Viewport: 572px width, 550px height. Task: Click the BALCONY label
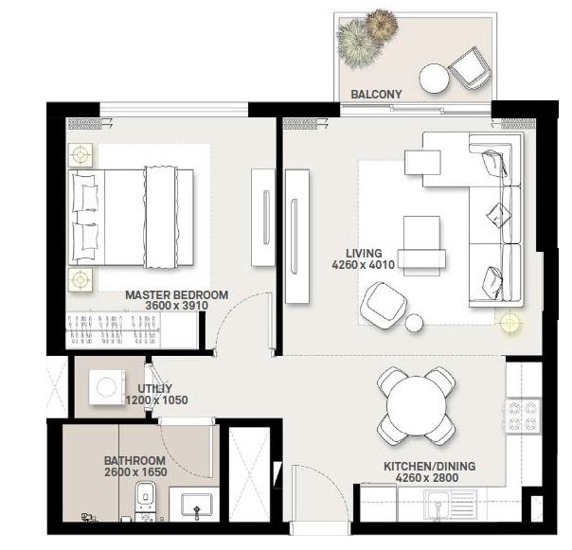tap(376, 95)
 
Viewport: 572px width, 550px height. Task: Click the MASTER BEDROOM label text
tap(176, 295)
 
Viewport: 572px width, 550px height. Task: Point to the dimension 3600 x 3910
tap(176, 307)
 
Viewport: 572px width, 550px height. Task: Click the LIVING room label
tap(364, 254)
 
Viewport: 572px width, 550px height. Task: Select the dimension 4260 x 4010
tap(363, 266)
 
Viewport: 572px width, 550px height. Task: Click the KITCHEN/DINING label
tap(429, 467)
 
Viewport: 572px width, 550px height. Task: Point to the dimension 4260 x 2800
tap(428, 479)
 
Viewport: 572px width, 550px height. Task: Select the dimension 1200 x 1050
tap(156, 400)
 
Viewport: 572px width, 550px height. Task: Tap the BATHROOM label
tap(134, 461)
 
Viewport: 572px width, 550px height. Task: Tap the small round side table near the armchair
tap(414, 324)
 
